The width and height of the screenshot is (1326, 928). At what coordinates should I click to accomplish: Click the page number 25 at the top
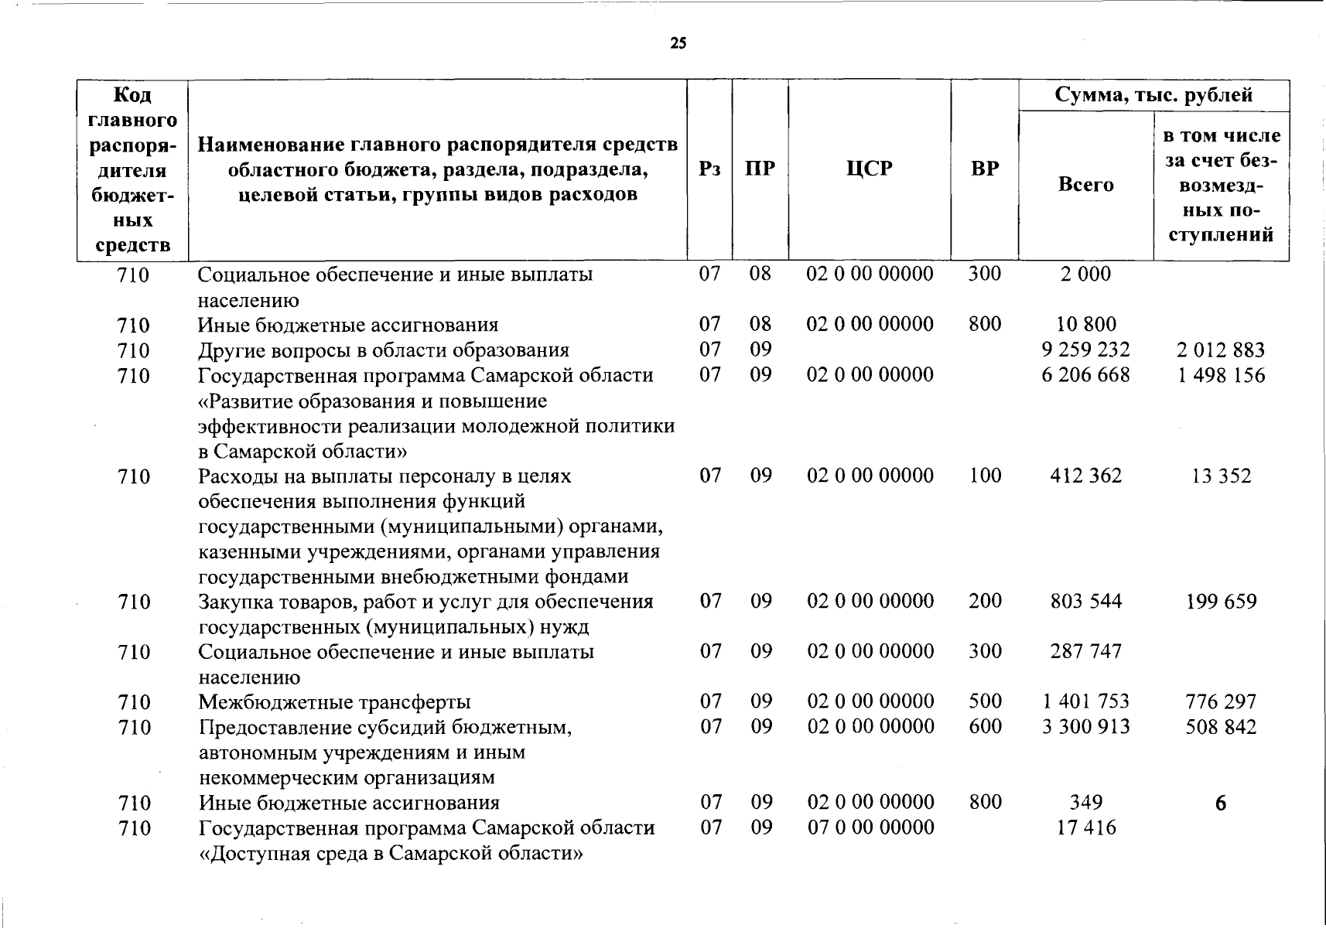[x=678, y=43]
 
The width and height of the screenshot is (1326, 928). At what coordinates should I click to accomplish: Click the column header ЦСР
[x=870, y=169]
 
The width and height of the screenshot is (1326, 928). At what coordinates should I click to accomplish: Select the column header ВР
[x=985, y=169]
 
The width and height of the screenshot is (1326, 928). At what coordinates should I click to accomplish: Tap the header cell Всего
[x=1086, y=185]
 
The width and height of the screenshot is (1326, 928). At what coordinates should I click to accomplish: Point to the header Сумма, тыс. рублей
[x=1153, y=95]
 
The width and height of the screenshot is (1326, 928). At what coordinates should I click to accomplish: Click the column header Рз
[x=709, y=169]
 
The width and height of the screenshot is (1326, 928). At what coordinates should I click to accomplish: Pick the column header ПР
[x=760, y=169]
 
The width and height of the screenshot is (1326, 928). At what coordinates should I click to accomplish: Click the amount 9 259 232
[x=1086, y=350]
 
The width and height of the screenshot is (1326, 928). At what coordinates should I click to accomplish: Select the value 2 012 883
[x=1221, y=350]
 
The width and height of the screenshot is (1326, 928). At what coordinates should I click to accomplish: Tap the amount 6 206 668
[x=1086, y=375]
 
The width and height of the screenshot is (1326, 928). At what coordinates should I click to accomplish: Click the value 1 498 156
[x=1221, y=375]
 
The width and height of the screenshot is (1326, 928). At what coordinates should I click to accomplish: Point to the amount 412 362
[x=1086, y=476]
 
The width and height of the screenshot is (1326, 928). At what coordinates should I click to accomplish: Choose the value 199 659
[x=1221, y=602]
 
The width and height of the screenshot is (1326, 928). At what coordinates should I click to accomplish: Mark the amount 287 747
[x=1086, y=651]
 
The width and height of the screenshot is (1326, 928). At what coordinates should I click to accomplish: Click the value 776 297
[x=1221, y=702]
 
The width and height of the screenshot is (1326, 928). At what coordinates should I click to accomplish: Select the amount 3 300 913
[x=1086, y=727]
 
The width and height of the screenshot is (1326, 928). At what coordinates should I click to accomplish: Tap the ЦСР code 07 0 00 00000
[x=870, y=827]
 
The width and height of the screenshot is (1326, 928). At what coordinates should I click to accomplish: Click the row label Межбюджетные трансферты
[x=334, y=702]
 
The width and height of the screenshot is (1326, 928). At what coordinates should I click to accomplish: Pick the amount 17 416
[x=1086, y=828]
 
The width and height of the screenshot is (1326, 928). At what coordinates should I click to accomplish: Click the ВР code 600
[x=985, y=727]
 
